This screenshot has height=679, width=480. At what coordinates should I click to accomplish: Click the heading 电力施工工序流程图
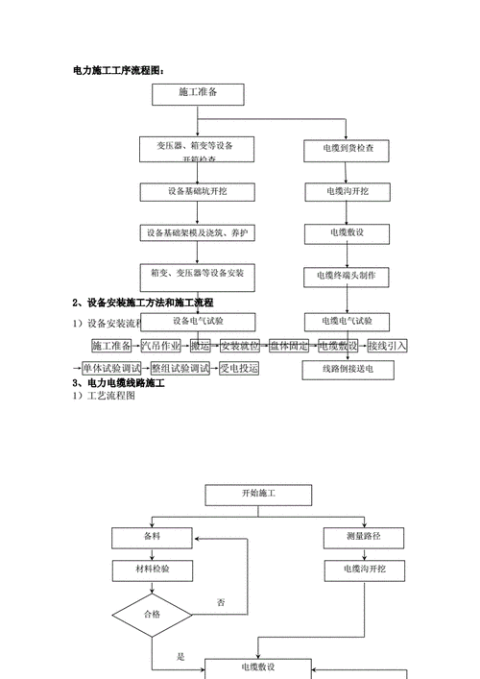[119, 70]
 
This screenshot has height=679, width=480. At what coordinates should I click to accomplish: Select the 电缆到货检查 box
[346, 149]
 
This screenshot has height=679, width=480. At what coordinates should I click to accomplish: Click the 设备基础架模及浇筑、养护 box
[201, 233]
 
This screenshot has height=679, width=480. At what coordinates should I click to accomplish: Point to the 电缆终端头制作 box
[346, 275]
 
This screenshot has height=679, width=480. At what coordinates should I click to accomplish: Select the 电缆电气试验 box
[346, 321]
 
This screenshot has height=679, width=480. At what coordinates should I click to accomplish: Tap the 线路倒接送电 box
[346, 368]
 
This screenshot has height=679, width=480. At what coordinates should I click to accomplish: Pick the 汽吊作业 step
[160, 346]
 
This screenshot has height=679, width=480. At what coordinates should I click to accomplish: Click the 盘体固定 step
[289, 346]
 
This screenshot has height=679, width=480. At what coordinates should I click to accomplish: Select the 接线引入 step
[387, 346]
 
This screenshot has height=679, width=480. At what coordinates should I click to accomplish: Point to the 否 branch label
[221, 602]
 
